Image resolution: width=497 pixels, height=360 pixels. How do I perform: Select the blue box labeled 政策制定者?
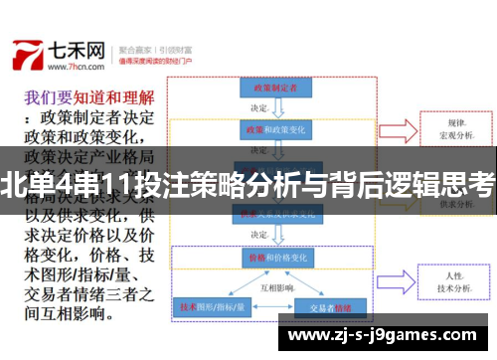pos(269,89)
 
